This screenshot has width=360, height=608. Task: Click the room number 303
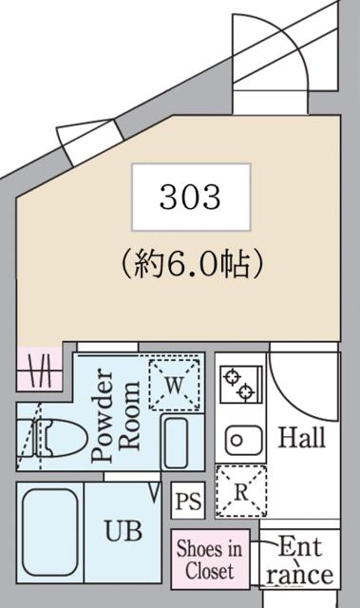click(x=191, y=197)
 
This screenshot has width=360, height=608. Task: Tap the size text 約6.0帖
click(x=191, y=263)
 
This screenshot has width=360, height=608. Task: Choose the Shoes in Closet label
click(x=209, y=560)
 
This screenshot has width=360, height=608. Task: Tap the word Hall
click(x=300, y=438)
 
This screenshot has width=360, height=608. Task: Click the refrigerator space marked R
click(x=239, y=492)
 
